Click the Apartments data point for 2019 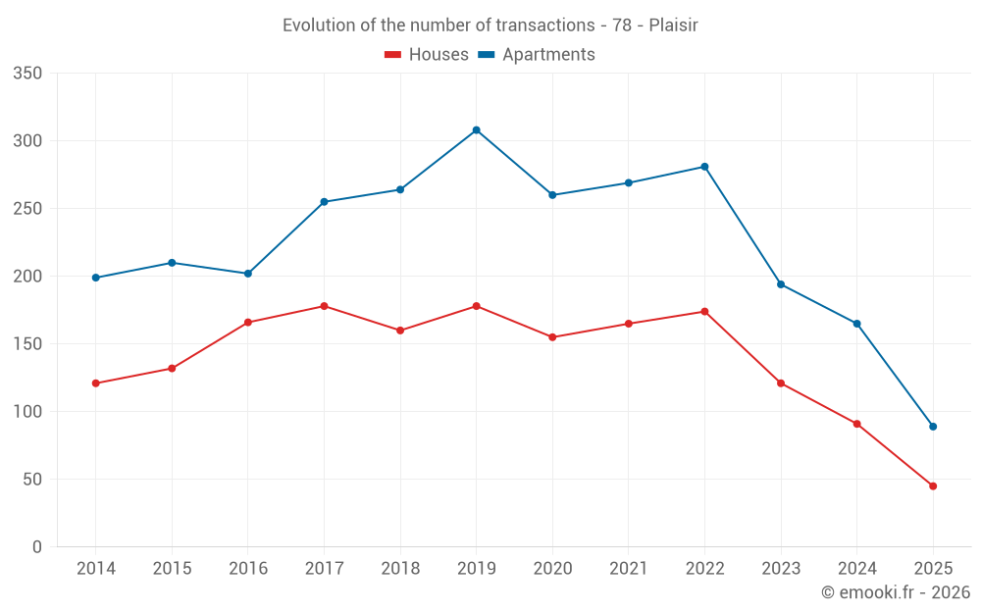[476, 129]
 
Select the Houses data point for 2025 [933, 485]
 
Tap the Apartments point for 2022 [704, 167]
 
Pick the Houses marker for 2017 [324, 306]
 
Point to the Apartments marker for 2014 [95, 278]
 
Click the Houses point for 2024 [856, 424]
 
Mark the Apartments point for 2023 [781, 284]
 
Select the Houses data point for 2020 [552, 337]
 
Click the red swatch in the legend [392, 55]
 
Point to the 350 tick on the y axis [28, 74]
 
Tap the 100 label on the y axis [28, 412]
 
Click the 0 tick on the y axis [36, 547]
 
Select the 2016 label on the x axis [247, 569]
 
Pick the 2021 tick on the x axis [629, 569]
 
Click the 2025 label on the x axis [933, 569]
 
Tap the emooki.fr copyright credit [895, 592]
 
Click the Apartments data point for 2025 [933, 427]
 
